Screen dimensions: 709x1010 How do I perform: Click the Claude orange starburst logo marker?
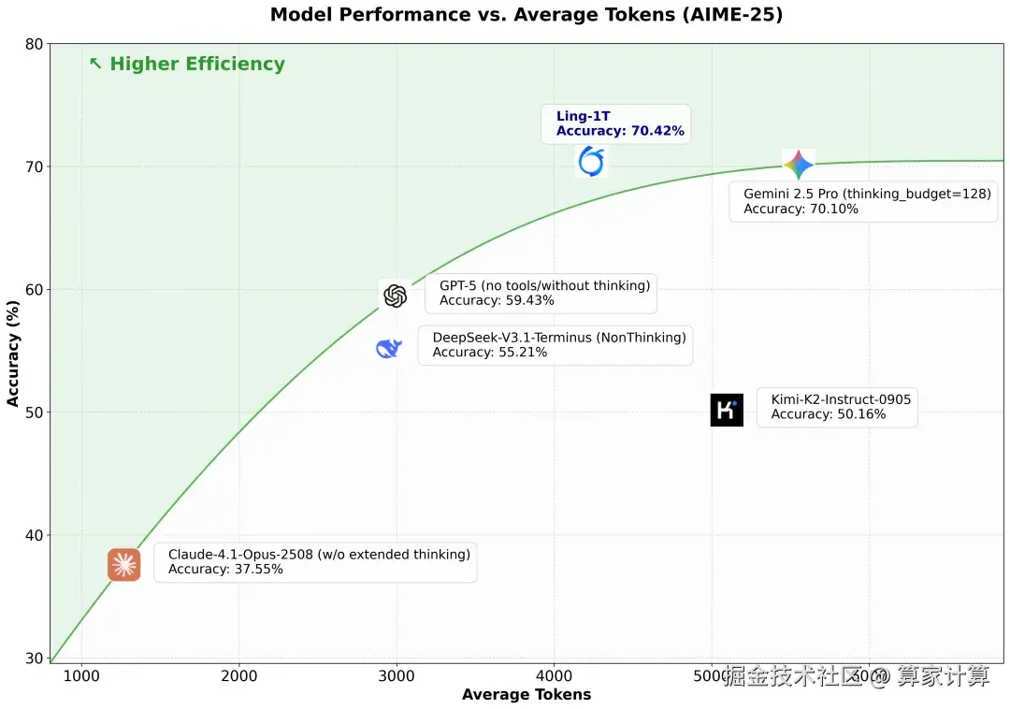click(123, 565)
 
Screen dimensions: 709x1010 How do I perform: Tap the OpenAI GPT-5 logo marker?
click(395, 296)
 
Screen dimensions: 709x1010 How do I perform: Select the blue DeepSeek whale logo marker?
click(388, 349)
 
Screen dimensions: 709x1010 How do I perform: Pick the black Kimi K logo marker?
click(727, 410)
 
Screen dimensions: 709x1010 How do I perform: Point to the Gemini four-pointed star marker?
click(798, 166)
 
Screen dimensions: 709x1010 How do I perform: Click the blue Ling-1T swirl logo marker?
click(591, 161)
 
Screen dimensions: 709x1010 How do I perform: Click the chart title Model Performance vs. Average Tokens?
click(527, 15)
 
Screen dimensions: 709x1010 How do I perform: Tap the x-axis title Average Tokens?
click(527, 694)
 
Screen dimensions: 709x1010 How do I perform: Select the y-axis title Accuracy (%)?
click(13, 353)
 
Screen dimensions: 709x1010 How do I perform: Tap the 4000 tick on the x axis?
click(554, 676)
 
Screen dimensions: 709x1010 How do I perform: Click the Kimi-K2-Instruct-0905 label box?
click(837, 407)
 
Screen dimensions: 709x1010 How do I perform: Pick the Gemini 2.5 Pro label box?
click(863, 201)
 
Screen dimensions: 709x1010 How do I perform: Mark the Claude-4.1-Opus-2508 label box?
click(315, 562)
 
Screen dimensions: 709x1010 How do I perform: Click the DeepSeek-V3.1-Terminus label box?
click(555, 345)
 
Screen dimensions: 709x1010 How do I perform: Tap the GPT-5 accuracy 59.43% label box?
click(541, 293)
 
